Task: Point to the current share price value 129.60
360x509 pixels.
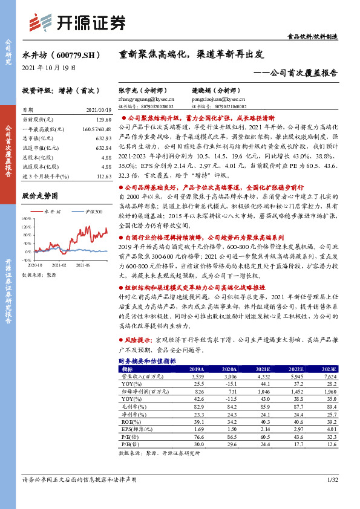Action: point(103,120)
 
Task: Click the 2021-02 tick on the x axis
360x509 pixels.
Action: point(59,265)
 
